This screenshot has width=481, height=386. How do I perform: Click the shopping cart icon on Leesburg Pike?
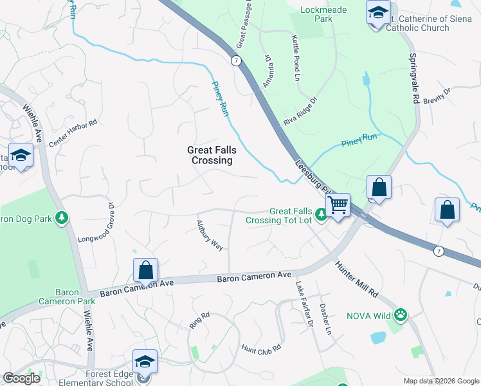338,205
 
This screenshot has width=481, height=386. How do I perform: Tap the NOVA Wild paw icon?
402,315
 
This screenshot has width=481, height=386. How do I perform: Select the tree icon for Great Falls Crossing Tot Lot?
320,220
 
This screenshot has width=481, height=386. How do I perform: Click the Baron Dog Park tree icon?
62,219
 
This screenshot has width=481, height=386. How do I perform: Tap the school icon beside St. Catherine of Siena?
378,12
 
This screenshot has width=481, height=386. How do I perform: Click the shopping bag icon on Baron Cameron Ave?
146,270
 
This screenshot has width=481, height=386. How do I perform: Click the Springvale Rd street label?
413,78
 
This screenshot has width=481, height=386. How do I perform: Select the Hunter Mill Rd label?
356,277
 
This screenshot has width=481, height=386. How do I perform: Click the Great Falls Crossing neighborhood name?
212,155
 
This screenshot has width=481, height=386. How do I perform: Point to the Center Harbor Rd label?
73,131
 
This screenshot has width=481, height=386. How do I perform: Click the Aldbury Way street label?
210,235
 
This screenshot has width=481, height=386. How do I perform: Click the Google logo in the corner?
22,378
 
